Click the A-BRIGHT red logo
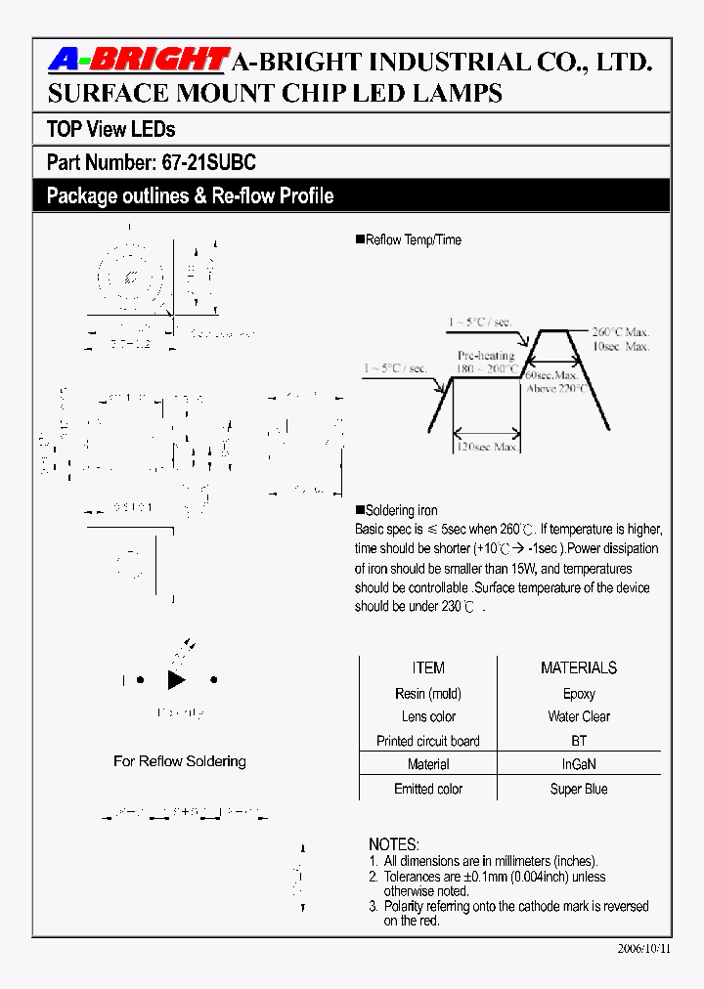tap(137, 62)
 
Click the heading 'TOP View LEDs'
tap(110, 129)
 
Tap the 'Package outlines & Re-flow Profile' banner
tap(190, 196)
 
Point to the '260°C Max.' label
tap(620, 331)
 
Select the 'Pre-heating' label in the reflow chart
tap(486, 357)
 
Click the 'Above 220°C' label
tap(557, 388)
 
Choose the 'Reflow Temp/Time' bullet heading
tap(412, 239)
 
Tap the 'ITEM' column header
tap(428, 668)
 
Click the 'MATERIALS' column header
tap(579, 668)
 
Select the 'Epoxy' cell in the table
tap(579, 693)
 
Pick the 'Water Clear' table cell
tap(579, 716)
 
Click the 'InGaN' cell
tap(579, 764)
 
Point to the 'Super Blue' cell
tap(579, 789)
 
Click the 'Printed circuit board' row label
tap(428, 741)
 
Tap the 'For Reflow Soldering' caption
tap(180, 760)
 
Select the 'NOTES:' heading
tap(394, 844)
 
